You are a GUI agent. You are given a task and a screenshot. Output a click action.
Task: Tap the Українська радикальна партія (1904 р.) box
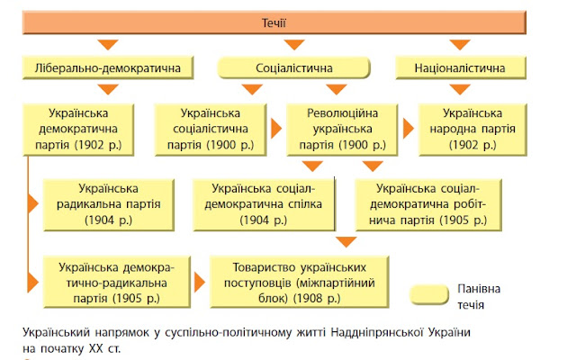click(x=108, y=203)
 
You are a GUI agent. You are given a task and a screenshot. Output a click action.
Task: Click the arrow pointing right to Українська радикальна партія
click(x=34, y=203)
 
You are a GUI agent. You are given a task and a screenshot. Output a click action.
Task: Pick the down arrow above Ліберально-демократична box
click(x=109, y=45)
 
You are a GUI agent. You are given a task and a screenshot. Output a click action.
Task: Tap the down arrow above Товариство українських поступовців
click(x=345, y=241)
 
